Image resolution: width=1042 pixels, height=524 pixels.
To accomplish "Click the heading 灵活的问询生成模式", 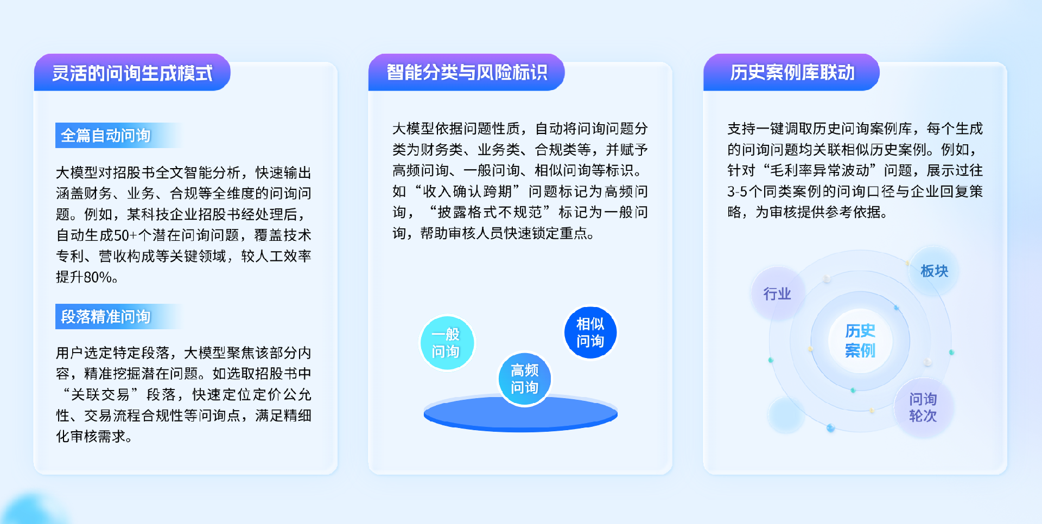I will click(x=132, y=73).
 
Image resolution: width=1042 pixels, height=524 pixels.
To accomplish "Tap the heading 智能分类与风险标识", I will click(x=467, y=72).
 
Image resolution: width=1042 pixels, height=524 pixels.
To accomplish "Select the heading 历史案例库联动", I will click(x=792, y=72).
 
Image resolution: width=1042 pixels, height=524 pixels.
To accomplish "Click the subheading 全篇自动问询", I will click(x=106, y=135).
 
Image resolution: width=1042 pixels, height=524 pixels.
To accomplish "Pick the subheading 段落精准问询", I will click(x=106, y=316).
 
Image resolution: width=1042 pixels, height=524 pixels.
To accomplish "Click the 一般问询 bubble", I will click(x=447, y=343).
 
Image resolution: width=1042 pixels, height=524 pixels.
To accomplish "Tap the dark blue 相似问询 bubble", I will click(x=590, y=333).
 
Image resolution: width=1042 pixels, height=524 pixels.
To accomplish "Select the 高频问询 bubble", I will click(x=524, y=379).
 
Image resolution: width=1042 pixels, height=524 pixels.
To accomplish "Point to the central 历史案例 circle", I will click(x=860, y=341).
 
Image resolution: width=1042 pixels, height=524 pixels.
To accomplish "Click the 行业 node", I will click(x=777, y=293).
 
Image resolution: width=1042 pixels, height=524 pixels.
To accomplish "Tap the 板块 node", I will click(x=934, y=271).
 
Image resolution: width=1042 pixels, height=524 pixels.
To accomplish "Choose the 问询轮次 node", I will click(x=923, y=407).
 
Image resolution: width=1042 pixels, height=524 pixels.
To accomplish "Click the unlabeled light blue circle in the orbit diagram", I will click(x=786, y=415).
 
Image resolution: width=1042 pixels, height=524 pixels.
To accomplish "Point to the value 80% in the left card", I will click(x=98, y=277).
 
